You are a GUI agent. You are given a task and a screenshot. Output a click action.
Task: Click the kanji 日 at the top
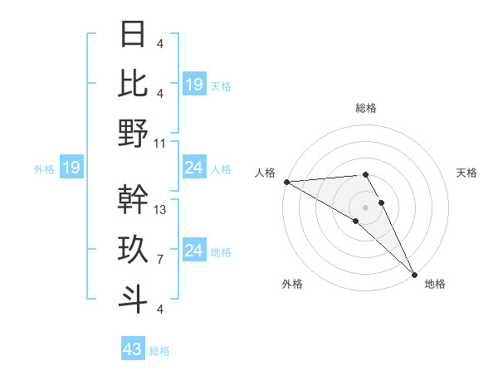(133, 34)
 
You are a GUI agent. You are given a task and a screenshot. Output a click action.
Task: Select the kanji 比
(133, 83)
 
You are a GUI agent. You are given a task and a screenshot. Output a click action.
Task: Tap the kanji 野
(133, 133)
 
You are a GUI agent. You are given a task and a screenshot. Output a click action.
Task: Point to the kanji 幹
(133, 199)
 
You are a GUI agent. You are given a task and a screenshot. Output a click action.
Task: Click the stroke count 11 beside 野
(160, 143)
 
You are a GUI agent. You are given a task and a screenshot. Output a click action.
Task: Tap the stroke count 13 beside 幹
(160, 210)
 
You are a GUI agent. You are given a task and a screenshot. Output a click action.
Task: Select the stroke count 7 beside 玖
(159, 260)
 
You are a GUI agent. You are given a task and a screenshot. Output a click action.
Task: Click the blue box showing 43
(133, 349)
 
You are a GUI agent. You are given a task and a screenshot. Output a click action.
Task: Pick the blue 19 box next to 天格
(193, 84)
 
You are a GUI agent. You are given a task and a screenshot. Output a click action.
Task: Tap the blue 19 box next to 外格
(71, 168)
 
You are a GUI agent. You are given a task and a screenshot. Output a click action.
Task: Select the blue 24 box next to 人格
(193, 168)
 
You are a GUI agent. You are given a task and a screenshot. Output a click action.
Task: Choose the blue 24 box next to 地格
(193, 251)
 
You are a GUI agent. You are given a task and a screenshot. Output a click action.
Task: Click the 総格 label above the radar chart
(365, 108)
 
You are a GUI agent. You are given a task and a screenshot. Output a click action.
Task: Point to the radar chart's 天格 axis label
(466, 173)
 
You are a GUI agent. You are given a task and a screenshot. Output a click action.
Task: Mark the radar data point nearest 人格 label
(286, 182)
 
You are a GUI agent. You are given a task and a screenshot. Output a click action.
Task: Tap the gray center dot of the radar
(365, 207)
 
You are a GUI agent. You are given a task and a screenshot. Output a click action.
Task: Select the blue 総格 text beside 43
(159, 351)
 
